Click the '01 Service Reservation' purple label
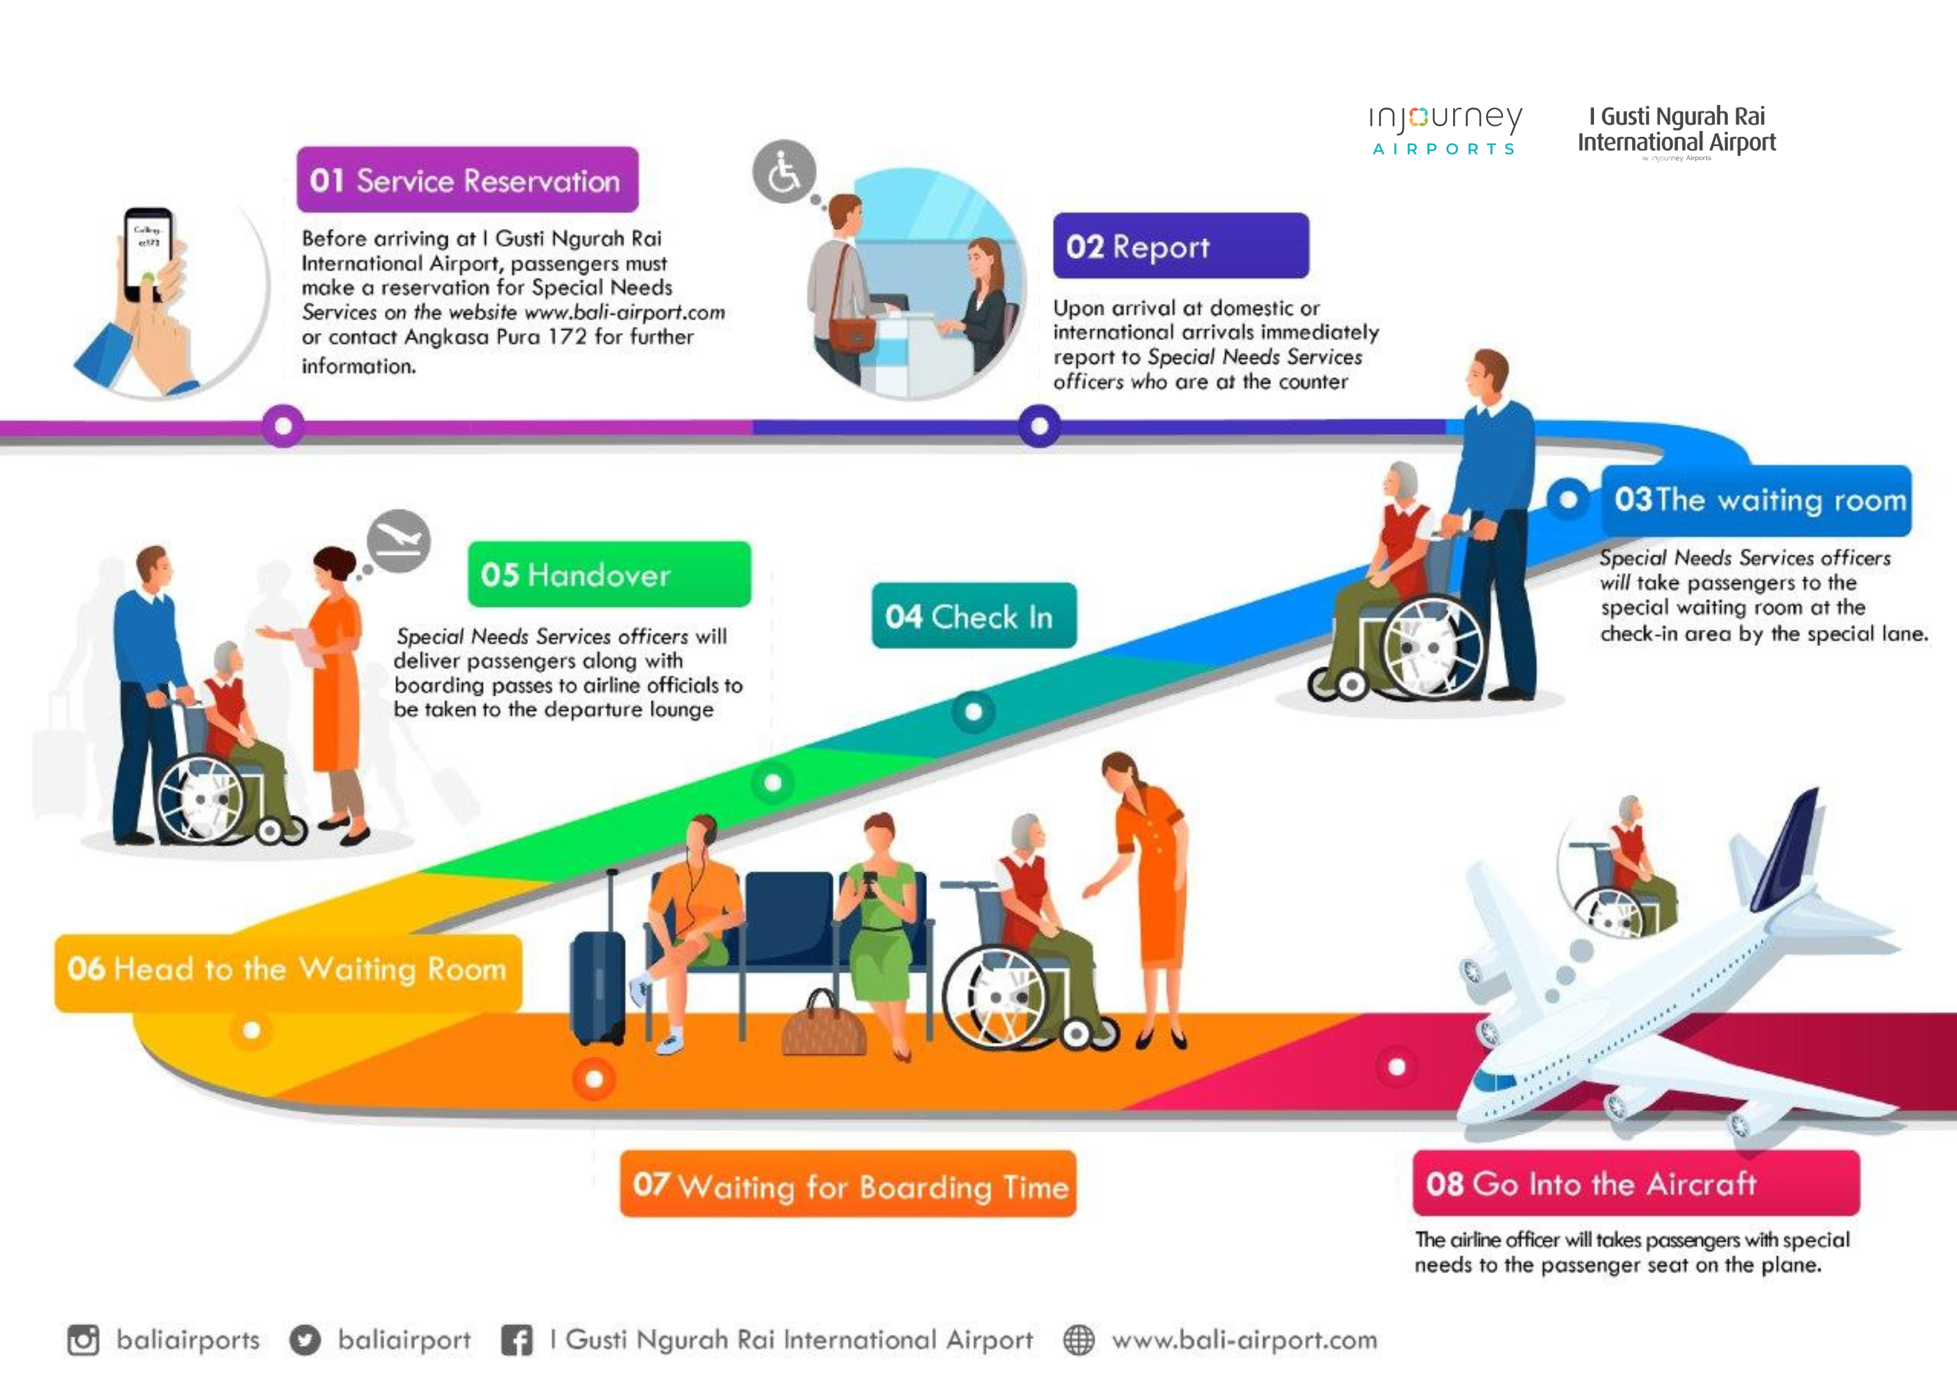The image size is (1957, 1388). point(468,180)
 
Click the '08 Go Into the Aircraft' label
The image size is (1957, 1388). point(1636,1183)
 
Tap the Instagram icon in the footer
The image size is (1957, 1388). point(83,1339)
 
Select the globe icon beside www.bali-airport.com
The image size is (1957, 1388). point(1078,1339)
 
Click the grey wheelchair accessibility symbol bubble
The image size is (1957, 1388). point(784,172)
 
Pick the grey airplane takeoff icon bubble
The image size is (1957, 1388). point(398,541)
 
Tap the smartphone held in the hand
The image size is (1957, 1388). point(148,254)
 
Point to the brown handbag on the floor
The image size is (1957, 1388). point(824,1026)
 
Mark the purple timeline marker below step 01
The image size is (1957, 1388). point(283,425)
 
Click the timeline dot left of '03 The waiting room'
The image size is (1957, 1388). point(1568,499)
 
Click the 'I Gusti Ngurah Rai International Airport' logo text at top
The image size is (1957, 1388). point(1677,130)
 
